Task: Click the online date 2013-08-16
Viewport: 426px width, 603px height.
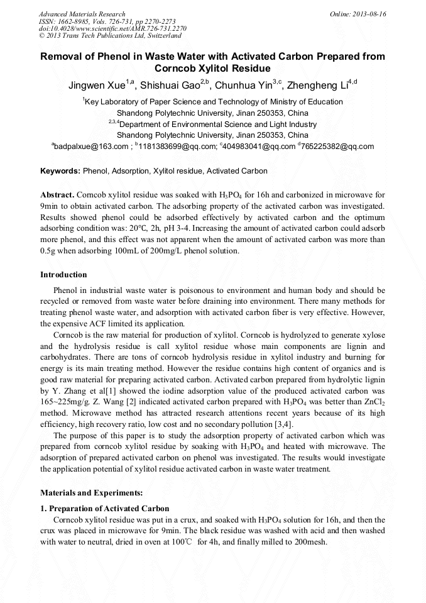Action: (366, 14)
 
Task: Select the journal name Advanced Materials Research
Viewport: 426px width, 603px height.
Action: (82, 14)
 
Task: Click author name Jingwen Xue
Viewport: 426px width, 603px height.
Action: (96, 86)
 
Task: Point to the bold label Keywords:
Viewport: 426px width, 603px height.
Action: (60, 171)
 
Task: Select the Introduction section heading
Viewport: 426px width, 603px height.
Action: (63, 275)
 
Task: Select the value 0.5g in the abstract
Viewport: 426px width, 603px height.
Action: (49, 251)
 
